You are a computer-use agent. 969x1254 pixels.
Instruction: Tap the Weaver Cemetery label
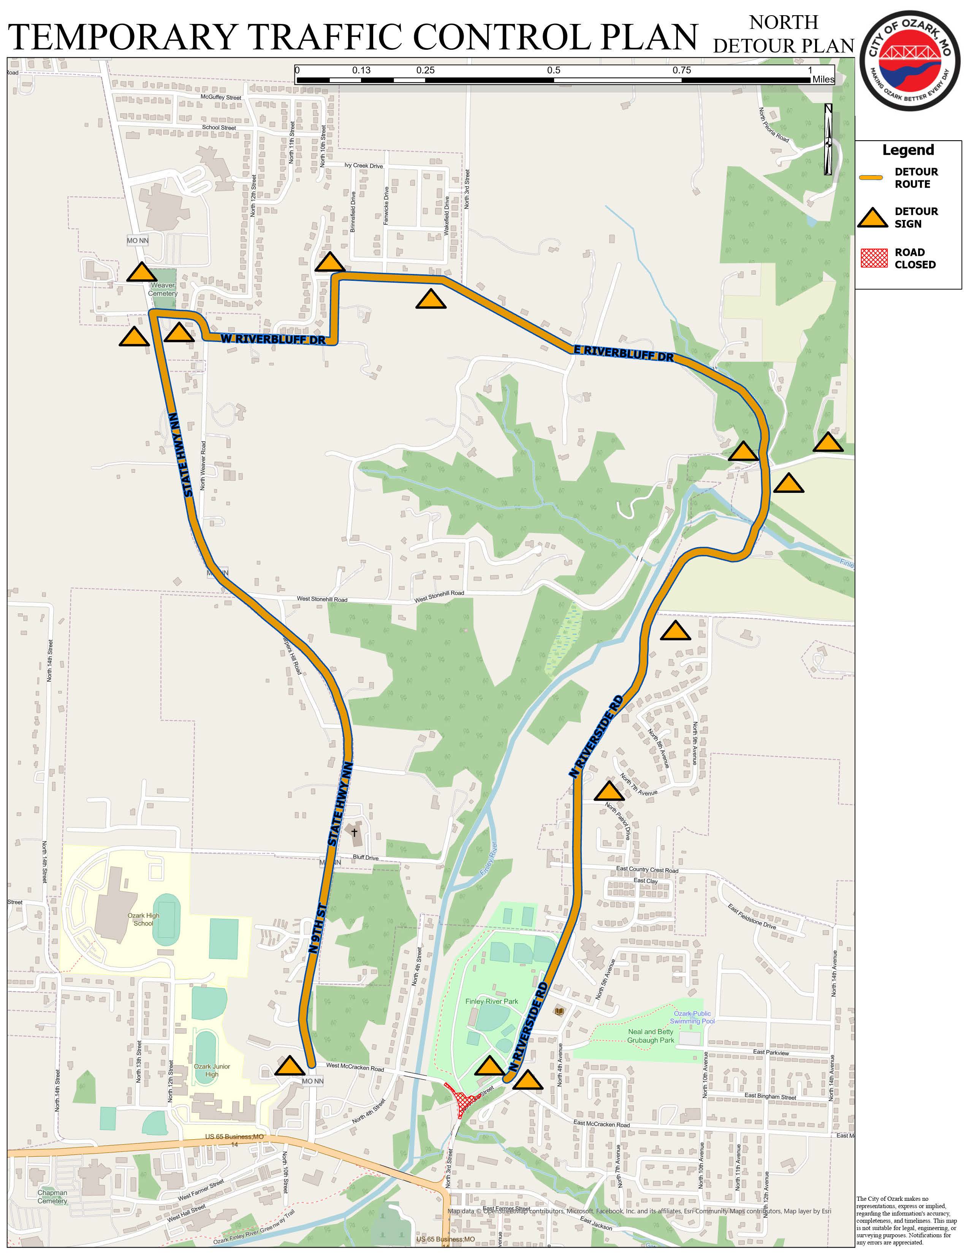point(163,289)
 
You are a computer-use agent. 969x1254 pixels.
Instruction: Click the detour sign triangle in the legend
point(872,218)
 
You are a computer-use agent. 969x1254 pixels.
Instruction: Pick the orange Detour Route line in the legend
point(872,178)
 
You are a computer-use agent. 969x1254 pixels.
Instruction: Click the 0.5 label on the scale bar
point(553,71)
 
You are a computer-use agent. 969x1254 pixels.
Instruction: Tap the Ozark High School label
point(144,919)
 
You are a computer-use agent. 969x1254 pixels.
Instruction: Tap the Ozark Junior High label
point(212,1070)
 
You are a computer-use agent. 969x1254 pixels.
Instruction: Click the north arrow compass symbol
point(828,139)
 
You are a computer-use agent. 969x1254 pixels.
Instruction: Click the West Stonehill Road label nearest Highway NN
point(321,599)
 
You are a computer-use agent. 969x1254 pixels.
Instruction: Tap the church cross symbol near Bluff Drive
point(354,832)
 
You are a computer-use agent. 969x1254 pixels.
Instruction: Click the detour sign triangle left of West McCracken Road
point(290,1066)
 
